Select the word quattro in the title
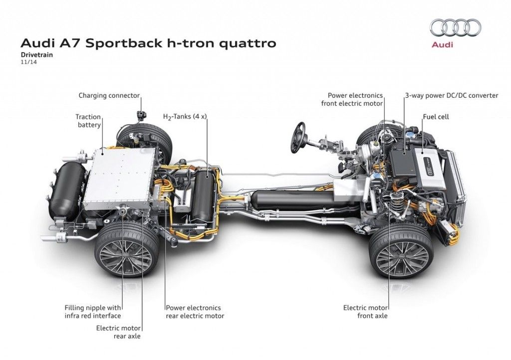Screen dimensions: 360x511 pos(246,43)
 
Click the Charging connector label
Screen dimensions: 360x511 pos(109,95)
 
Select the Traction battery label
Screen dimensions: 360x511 pos(88,121)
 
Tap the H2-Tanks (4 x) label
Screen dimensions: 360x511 pos(185,117)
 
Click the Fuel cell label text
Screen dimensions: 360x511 pos(436,117)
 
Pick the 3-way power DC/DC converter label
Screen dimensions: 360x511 pos(451,95)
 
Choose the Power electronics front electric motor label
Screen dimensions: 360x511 pos(355,99)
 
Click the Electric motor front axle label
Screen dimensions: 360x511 pos(365,312)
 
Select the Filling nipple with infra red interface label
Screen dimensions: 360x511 pos(93,312)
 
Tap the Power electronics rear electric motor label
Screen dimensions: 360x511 pos(195,312)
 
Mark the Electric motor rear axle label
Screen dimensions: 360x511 pos(118,332)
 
